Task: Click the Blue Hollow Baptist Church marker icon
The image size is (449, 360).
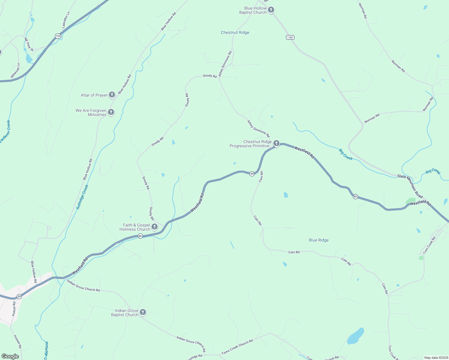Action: (271, 10)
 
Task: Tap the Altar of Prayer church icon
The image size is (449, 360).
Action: (112, 95)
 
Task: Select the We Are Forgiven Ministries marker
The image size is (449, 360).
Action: (111, 112)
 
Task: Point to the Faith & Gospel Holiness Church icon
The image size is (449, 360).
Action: (155, 227)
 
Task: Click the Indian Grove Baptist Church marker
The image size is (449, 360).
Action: (143, 312)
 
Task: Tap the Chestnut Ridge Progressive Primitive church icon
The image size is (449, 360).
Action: (276, 143)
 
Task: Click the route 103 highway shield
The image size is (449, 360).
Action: (58, 36)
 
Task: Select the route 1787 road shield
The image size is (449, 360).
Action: (290, 37)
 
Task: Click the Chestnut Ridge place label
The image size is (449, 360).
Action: (235, 32)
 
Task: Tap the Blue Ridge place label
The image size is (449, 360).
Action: (319, 240)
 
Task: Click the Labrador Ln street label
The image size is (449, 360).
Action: (66, 20)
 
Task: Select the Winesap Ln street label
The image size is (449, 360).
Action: (15, 71)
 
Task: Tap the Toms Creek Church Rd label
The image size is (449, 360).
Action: (237, 346)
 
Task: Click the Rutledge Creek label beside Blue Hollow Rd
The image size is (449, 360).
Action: (82, 197)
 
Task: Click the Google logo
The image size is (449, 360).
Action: (10, 356)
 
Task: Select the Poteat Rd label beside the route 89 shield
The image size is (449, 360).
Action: (14, 309)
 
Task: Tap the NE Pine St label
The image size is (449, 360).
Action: (28, 44)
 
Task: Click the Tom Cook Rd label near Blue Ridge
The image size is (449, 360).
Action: (429, 245)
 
